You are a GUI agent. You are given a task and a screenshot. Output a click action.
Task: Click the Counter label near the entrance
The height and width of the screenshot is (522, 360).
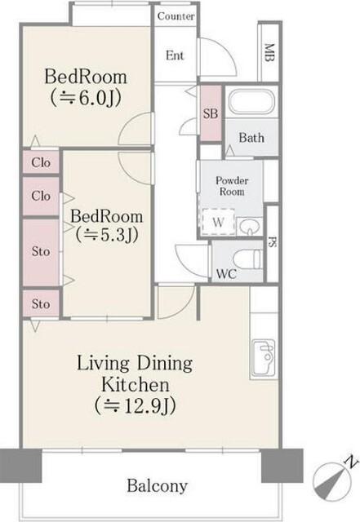click(176, 16)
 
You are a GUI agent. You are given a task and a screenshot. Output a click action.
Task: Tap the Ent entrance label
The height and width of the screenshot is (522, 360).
click(175, 55)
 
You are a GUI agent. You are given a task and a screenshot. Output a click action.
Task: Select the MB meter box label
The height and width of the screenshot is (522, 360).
click(269, 52)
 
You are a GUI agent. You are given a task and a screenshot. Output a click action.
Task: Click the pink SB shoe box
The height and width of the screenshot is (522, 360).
click(211, 113)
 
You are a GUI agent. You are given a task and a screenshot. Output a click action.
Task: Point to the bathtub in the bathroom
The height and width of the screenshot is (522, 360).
click(252, 102)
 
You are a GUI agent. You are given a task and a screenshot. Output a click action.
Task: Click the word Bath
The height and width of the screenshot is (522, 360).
click(251, 138)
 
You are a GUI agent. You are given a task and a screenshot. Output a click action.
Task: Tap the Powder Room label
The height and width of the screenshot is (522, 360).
click(232, 186)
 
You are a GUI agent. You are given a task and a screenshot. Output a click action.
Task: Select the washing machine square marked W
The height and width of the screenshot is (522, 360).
click(218, 222)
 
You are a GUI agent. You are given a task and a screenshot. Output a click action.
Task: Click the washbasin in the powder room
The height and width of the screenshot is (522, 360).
click(249, 227)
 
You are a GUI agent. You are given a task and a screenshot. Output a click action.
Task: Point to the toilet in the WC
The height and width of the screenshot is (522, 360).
click(247, 259)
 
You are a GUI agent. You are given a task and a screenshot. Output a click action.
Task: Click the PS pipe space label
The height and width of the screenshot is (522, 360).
click(273, 242)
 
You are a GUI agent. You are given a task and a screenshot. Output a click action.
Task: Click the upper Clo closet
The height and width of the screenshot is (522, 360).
click(41, 162)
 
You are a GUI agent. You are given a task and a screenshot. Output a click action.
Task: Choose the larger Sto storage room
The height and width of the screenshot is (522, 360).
click(41, 252)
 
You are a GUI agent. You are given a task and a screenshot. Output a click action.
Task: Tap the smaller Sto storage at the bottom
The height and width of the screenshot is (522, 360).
click(41, 303)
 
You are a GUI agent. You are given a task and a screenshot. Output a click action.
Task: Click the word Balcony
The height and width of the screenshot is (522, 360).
click(158, 486)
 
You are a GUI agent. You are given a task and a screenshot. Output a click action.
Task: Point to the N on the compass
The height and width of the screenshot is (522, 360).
click(350, 462)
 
